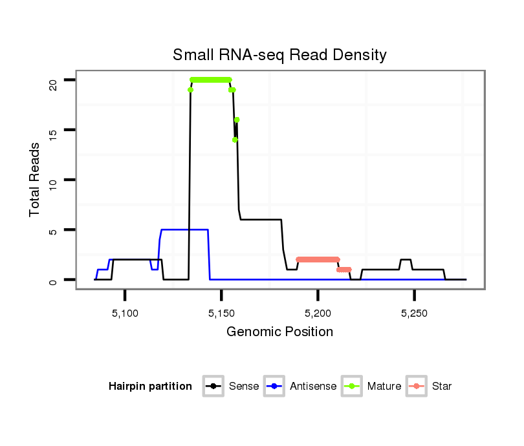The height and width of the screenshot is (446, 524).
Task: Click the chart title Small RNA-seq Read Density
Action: point(279,55)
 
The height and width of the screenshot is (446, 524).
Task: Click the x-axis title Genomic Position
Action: point(279,332)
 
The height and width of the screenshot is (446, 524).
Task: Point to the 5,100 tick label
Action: point(125,313)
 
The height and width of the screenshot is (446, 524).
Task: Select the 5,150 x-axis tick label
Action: point(221,313)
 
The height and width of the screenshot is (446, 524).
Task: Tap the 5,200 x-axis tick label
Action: point(318,313)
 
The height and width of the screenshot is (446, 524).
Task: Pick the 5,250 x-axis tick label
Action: point(414,313)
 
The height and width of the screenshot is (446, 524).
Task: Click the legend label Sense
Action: point(244,387)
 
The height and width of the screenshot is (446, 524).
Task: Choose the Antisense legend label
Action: point(313,387)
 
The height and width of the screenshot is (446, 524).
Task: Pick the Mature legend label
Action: point(384,387)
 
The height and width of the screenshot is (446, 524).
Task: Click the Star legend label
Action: point(442,387)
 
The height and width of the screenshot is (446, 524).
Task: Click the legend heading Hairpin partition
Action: point(150,387)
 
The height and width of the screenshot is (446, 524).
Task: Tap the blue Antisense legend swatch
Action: point(275,387)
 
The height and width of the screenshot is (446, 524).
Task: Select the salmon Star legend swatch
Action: point(417,387)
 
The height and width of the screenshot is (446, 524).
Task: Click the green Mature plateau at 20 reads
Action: point(211,80)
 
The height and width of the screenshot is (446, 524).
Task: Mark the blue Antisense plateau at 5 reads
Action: point(184,229)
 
